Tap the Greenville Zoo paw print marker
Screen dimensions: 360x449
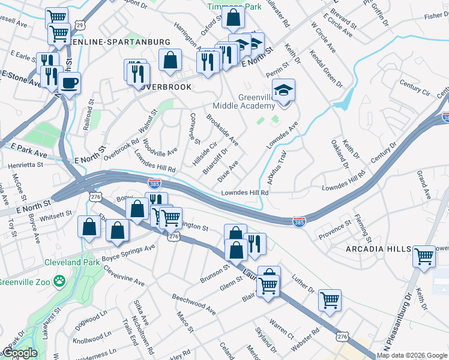(59, 280)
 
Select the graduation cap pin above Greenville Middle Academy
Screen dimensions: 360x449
(283, 91)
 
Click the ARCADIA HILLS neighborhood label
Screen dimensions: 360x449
(377, 249)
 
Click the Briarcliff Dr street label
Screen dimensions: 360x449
(215, 161)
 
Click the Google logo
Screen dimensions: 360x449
(20, 353)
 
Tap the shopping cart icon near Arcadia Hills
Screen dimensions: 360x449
(424, 256)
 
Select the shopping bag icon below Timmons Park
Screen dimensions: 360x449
(232, 17)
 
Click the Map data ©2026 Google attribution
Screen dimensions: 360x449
(412, 355)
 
